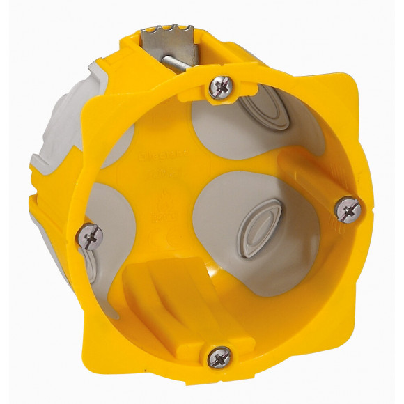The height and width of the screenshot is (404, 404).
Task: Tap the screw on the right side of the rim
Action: click(x=348, y=206)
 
